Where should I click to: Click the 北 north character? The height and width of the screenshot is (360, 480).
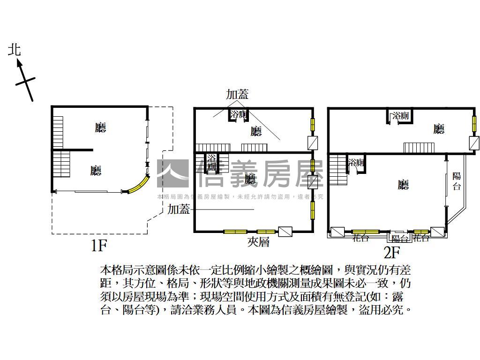(15, 50)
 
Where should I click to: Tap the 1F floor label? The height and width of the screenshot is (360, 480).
(99, 245)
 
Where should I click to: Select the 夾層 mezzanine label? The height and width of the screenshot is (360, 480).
(258, 242)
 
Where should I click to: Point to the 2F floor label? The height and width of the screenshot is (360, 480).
(391, 253)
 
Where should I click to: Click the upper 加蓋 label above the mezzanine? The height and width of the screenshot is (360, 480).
(237, 94)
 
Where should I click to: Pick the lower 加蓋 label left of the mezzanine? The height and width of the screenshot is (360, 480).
(179, 210)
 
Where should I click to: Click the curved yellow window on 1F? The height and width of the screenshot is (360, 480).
(137, 186)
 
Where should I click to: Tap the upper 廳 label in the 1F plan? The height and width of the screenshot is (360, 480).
(100, 127)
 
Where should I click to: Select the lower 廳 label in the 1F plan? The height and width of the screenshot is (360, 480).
(96, 171)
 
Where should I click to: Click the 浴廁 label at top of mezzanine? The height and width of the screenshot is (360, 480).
(239, 115)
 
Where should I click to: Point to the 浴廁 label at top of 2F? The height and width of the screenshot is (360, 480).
(401, 116)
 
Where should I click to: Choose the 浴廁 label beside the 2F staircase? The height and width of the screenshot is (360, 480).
(356, 163)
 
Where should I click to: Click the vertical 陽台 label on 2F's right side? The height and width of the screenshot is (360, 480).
(457, 181)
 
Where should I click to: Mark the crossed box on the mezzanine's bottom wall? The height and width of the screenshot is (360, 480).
(285, 232)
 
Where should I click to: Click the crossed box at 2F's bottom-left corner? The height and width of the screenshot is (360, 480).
(337, 232)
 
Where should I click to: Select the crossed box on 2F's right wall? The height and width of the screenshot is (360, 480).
(474, 142)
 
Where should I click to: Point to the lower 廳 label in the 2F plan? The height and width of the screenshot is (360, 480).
(403, 185)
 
